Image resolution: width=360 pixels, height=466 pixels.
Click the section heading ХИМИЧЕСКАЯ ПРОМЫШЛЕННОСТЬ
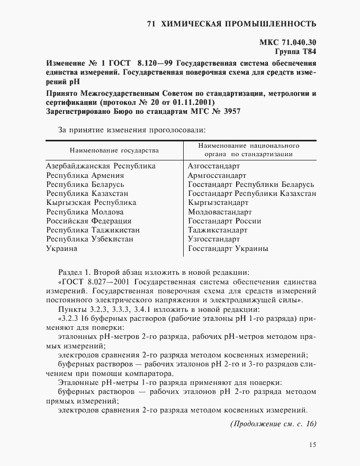[238, 23]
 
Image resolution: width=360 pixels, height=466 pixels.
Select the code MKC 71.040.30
[289, 43]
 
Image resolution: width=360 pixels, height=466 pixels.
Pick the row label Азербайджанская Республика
[101, 166]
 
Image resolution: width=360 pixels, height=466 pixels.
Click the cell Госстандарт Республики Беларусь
[251, 184]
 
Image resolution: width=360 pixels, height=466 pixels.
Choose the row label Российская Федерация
[89, 221]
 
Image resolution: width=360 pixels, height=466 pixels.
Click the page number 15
[311, 445]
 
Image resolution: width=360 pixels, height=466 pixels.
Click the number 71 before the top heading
[151, 23]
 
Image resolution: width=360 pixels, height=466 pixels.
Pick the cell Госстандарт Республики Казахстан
[253, 193]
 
